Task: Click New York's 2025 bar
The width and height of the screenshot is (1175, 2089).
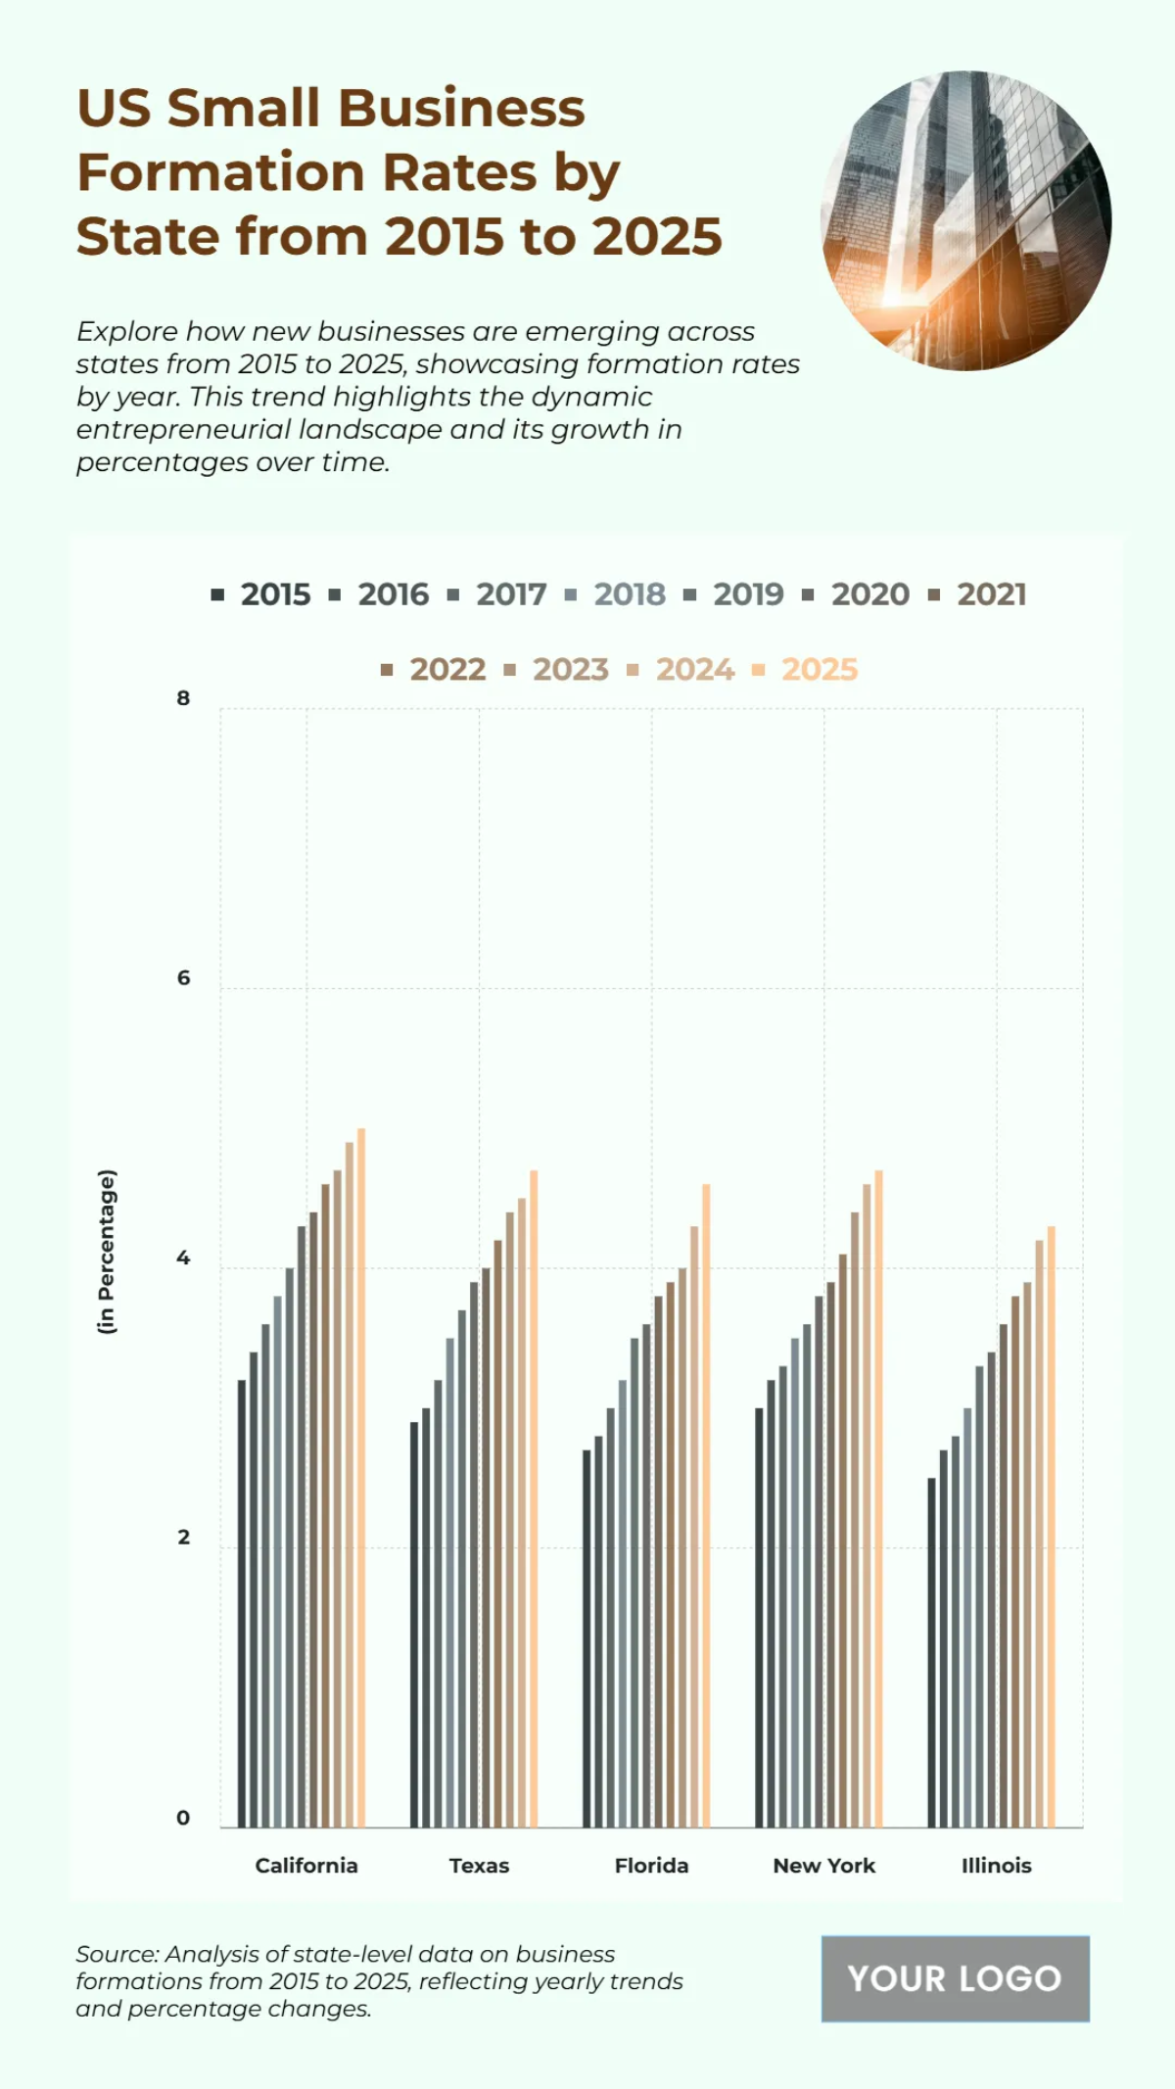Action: (x=878, y=1498)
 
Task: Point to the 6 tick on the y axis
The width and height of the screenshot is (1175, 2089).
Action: (x=183, y=978)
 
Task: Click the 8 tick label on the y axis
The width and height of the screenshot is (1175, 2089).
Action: (x=183, y=698)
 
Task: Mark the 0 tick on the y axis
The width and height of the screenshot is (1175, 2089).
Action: (x=183, y=1818)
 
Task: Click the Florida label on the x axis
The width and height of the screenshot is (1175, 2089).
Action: (x=651, y=1866)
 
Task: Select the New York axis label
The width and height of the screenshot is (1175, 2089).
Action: (x=823, y=1866)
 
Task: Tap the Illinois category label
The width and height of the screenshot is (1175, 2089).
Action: (x=996, y=1866)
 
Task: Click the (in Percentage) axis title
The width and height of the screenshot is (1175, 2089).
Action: (x=107, y=1251)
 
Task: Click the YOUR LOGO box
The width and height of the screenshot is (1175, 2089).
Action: (x=955, y=1978)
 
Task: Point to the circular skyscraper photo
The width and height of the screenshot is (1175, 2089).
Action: (x=965, y=221)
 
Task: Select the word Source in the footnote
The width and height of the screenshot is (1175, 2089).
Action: (x=116, y=1954)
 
